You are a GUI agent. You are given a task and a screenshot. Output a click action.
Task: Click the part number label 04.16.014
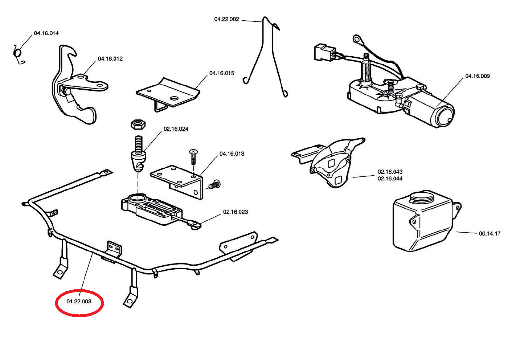(46, 33)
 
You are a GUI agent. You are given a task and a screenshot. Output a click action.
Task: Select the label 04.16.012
(110, 59)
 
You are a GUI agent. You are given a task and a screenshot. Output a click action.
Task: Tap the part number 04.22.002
(226, 19)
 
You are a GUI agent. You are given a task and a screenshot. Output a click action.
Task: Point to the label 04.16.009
(477, 76)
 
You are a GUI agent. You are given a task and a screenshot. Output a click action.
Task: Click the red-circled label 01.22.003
(79, 302)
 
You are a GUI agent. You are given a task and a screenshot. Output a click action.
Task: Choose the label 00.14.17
(490, 234)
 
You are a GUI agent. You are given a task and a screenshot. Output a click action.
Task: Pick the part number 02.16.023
(236, 212)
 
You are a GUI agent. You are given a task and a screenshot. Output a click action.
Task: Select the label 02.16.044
(390, 179)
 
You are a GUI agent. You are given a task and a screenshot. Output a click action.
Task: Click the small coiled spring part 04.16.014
(17, 53)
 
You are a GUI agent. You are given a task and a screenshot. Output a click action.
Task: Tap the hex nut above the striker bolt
(138, 124)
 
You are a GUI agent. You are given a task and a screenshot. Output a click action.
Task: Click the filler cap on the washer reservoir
(421, 198)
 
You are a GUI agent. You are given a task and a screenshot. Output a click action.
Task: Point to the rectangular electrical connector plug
(324, 52)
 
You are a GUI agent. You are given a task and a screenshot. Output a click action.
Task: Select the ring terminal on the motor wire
(357, 38)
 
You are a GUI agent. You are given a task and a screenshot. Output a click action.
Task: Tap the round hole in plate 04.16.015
(174, 98)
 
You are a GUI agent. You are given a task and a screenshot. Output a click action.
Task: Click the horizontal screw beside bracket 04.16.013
(214, 185)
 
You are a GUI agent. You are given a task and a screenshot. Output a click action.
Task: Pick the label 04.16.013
(232, 154)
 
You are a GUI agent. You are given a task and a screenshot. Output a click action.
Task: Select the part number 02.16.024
(176, 129)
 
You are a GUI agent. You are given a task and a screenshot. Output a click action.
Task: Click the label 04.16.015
(222, 73)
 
